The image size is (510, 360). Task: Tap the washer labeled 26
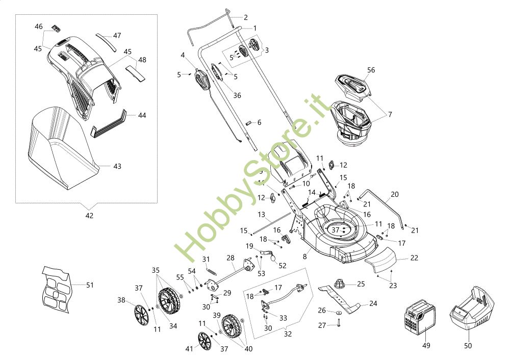point(338,311)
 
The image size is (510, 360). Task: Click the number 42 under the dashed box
point(89,216)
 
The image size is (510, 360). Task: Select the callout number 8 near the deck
point(304,256)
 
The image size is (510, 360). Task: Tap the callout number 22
point(414,258)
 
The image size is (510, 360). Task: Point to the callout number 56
point(371,70)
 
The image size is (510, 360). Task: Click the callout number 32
point(288,335)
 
